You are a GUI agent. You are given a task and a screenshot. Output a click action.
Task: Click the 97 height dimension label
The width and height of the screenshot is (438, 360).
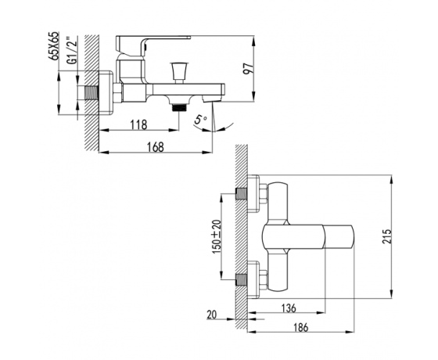pos(248,68)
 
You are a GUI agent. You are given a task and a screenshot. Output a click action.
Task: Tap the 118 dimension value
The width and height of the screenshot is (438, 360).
pos(139,124)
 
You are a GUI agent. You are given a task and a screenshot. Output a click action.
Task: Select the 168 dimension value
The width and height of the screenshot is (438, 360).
pos(156,147)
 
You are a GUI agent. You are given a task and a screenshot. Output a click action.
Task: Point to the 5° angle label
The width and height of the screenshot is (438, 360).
pos(200,121)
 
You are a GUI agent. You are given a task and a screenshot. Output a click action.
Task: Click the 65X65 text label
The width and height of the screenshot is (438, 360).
pos(54,45)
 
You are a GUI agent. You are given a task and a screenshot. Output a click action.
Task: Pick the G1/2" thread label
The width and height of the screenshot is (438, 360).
pos(72,51)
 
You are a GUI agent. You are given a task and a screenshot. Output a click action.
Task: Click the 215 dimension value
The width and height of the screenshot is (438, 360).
pos(387,236)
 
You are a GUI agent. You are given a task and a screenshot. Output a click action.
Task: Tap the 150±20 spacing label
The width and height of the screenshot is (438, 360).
pos(217,237)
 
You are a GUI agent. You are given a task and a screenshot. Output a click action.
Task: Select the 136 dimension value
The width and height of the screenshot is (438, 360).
pos(289,308)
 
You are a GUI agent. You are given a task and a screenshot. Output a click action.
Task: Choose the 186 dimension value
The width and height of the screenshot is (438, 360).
pos(300,328)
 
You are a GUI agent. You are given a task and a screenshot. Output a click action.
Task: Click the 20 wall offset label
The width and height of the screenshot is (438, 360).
pos(212,315)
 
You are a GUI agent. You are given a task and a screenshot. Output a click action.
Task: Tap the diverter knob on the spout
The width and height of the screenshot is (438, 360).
pos(179,72)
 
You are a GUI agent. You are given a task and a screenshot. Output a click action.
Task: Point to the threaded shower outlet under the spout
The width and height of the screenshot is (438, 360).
pos(179,108)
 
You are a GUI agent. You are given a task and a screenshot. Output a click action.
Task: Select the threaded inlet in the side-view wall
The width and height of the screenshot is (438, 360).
pos(91,92)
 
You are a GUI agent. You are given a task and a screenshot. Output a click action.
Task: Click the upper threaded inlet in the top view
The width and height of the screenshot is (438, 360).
pos(241,194)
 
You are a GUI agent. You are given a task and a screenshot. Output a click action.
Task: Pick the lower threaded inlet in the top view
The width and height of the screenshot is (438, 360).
pos(241,279)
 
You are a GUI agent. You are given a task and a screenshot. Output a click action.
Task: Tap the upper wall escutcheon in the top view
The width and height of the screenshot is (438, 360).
pos(253,194)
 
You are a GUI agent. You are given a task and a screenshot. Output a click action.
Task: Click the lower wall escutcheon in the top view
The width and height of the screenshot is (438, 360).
pos(253,279)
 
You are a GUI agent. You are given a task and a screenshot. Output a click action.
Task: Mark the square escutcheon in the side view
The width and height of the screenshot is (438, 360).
pos(106,92)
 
